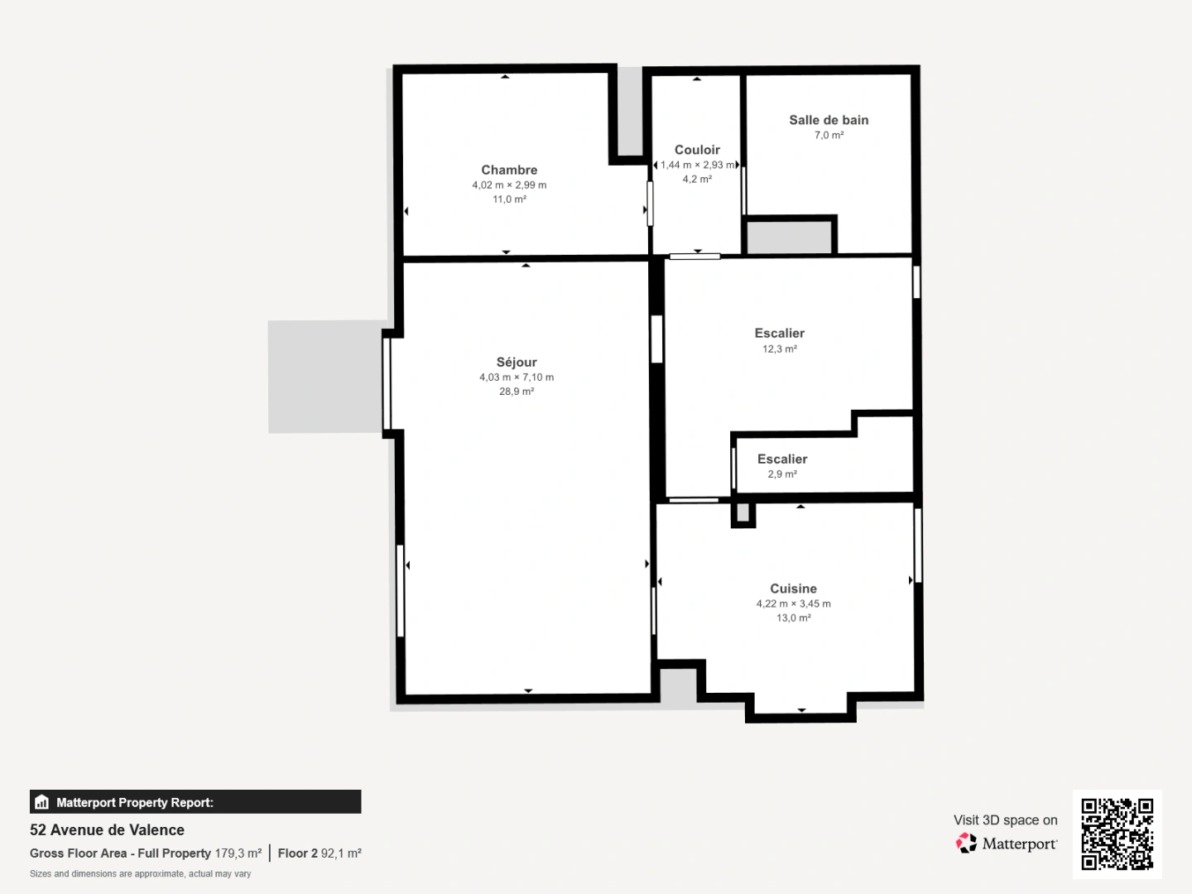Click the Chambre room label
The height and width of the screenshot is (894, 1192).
(x=509, y=170)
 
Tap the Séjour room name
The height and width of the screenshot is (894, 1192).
(x=517, y=362)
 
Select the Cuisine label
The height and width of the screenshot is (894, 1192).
(x=793, y=589)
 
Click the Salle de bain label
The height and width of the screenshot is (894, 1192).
(x=829, y=120)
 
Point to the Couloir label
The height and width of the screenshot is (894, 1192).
(x=697, y=150)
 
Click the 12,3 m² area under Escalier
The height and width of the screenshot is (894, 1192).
(x=779, y=349)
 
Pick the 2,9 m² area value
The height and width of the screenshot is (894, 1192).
(x=781, y=474)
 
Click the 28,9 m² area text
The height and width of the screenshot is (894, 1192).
(x=516, y=392)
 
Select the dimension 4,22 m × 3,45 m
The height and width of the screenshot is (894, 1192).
(x=793, y=603)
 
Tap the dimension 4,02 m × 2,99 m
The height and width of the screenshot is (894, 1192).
(x=509, y=185)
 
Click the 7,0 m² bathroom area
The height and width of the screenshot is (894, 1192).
(x=829, y=135)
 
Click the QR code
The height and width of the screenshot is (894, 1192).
(x=1117, y=834)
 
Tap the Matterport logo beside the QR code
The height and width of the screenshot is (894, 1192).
(x=1007, y=844)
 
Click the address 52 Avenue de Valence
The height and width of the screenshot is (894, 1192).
(x=107, y=830)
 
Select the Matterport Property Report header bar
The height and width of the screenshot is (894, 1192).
(x=195, y=802)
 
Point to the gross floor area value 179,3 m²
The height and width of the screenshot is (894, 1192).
(x=238, y=853)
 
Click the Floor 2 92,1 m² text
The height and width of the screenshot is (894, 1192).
(x=320, y=853)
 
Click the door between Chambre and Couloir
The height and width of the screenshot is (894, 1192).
(x=650, y=204)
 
